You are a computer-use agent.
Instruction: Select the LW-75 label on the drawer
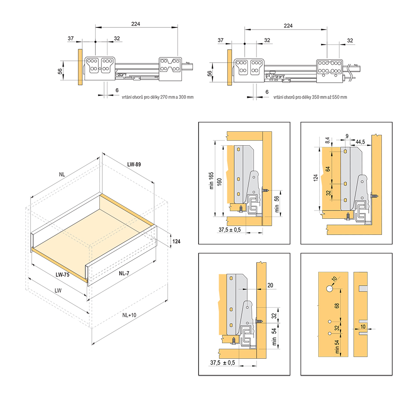[x=63, y=274]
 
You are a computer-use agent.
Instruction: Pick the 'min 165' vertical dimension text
[x=212, y=178]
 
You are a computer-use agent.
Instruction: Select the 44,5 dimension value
[x=360, y=142]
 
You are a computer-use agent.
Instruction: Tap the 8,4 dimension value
[x=327, y=141]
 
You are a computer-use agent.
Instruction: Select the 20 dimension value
[x=270, y=285]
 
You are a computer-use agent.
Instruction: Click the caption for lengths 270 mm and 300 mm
[x=158, y=97]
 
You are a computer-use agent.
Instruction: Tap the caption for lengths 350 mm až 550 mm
[x=310, y=97]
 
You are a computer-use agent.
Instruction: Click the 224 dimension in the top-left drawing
[x=135, y=24]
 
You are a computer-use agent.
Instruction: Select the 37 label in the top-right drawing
[x=220, y=40]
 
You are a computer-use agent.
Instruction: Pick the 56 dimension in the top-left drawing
[x=60, y=70]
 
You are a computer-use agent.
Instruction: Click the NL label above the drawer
[x=63, y=174]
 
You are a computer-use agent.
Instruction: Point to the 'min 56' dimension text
[x=276, y=203]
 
